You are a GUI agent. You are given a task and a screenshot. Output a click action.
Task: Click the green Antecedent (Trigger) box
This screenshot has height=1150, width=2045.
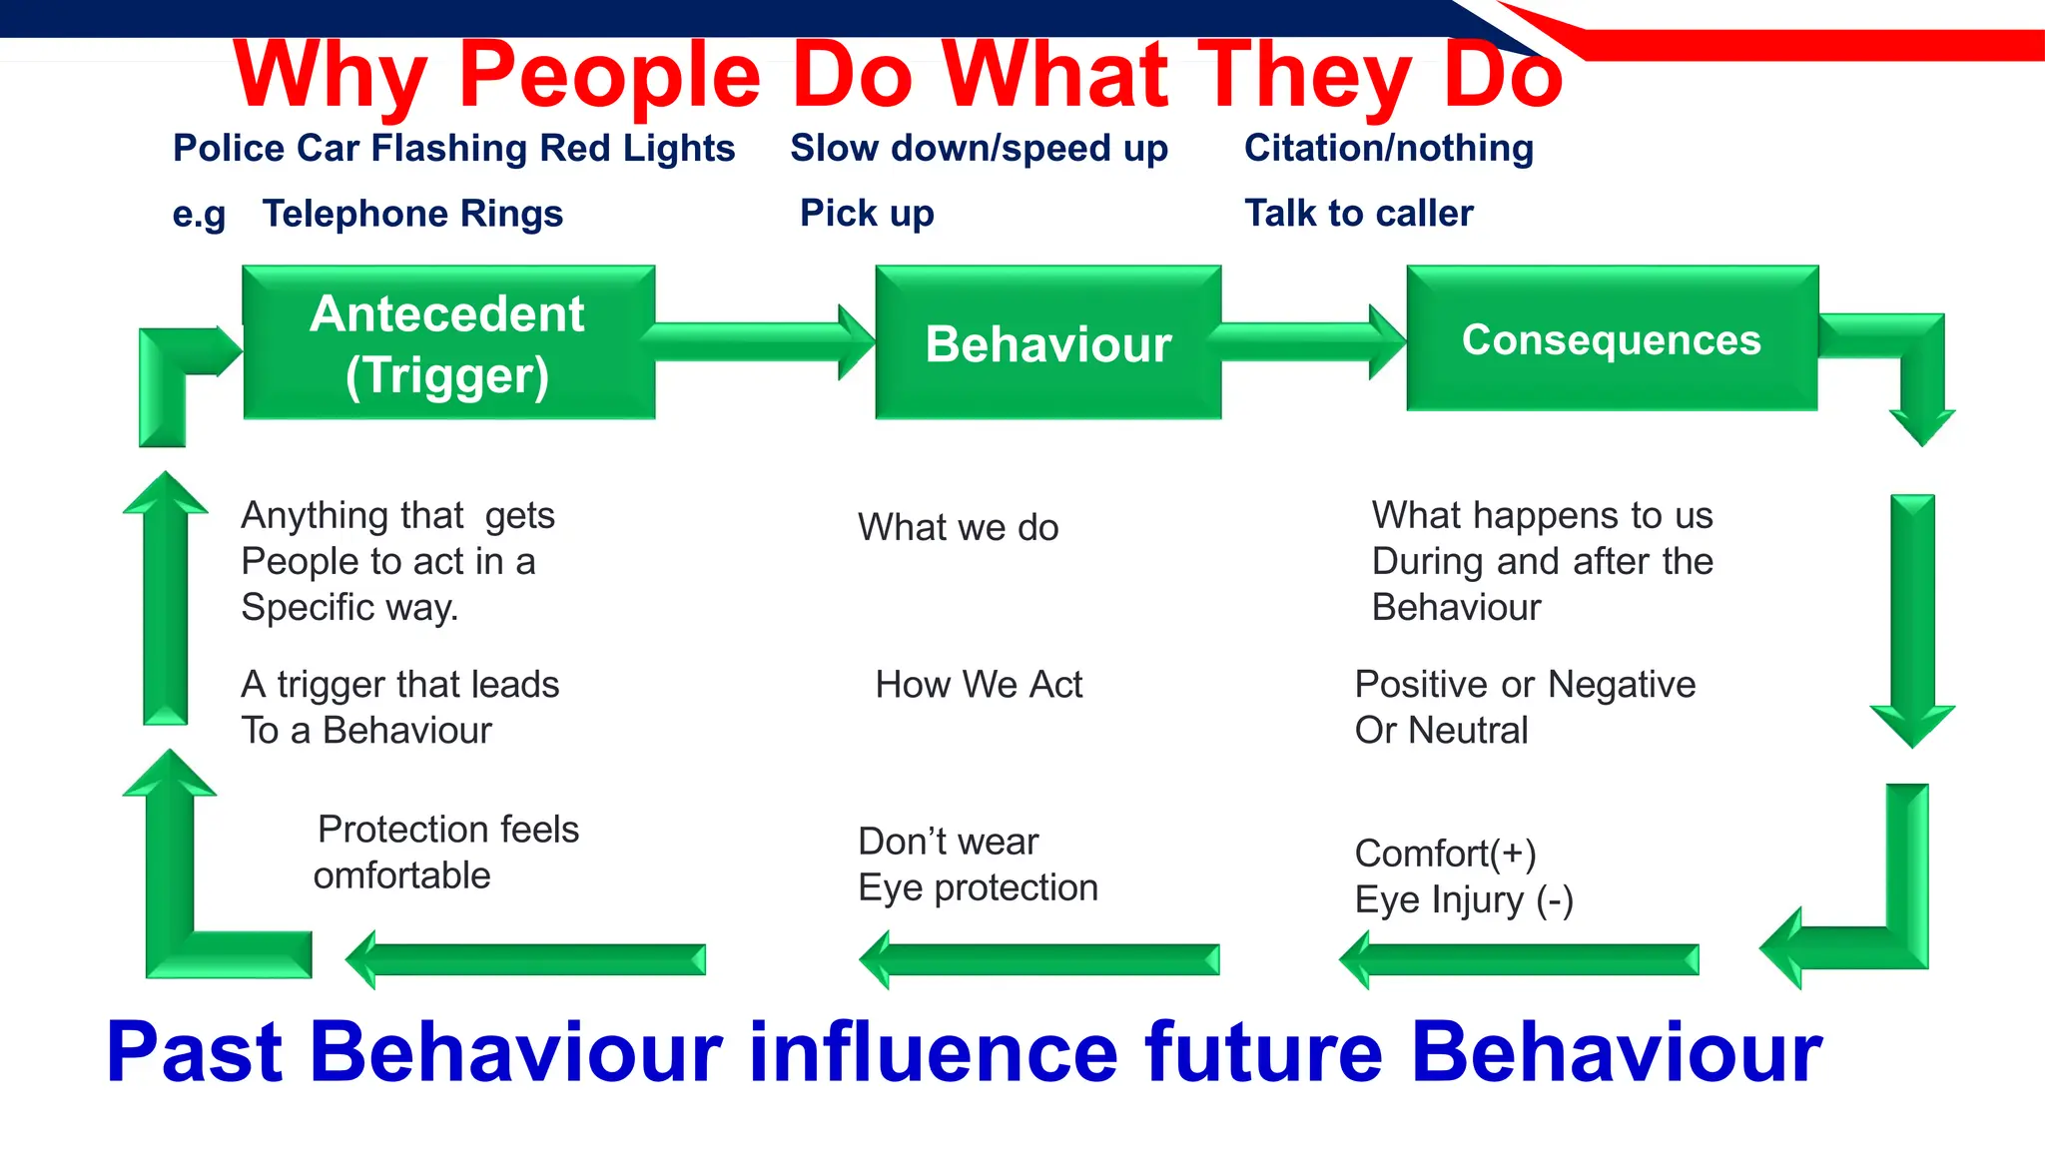click(x=448, y=342)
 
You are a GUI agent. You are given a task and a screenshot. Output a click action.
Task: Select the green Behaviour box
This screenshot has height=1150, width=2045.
click(x=1047, y=342)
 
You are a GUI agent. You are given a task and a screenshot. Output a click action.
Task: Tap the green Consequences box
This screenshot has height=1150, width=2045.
click(x=1612, y=339)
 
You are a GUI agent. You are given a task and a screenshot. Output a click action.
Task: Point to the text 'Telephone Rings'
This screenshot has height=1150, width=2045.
click(x=412, y=214)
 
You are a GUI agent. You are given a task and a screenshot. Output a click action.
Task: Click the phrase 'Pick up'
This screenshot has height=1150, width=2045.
click(x=867, y=214)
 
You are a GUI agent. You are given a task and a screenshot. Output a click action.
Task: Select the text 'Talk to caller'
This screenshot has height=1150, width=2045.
click(x=1358, y=214)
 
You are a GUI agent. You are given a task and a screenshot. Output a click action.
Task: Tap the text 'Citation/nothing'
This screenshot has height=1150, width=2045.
click(x=1388, y=149)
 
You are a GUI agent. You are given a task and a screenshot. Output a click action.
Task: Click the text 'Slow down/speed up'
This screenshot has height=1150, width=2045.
click(x=979, y=149)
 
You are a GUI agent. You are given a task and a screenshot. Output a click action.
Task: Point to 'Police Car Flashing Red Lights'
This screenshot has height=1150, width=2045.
click(x=453, y=149)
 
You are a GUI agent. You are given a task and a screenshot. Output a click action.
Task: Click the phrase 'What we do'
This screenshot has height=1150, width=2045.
click(x=958, y=527)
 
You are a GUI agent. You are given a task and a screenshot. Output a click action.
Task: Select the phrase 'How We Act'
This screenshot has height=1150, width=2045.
click(x=979, y=685)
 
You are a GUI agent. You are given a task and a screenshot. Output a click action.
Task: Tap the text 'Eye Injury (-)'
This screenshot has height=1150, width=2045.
click(x=1463, y=900)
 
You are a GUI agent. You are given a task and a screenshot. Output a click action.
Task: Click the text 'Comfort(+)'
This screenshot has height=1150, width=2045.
click(x=1445, y=854)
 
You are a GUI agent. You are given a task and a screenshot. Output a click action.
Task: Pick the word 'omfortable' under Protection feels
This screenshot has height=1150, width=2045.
click(x=401, y=875)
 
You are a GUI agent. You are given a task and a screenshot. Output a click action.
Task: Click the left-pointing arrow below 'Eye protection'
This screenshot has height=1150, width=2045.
click(x=1038, y=959)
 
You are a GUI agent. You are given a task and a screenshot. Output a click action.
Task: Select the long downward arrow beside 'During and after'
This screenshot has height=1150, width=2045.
click(x=1912, y=619)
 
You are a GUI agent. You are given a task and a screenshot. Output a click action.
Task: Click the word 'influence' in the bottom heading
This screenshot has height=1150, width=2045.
click(x=934, y=1052)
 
